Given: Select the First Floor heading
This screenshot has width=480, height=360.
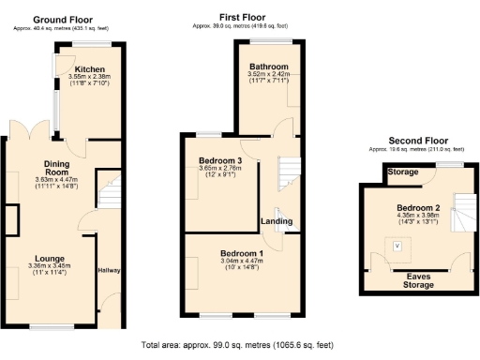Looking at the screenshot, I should coord(243,17).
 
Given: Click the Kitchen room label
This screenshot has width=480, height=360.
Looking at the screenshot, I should coord(90,69).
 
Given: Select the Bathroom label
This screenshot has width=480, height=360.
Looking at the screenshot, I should coord(268,67).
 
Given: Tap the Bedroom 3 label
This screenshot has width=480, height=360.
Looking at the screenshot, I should coord(221,160).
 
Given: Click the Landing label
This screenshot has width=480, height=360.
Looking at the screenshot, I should coord(277,221).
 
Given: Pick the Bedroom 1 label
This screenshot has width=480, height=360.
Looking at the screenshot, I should coord(242,254).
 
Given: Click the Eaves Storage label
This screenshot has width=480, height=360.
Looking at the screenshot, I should coord(412,278).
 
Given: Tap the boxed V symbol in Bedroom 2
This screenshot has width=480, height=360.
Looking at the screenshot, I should coord(397,246).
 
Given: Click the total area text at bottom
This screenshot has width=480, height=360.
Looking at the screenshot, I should coord(239,345).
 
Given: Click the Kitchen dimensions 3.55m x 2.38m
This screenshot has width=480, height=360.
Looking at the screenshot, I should coord(90,78).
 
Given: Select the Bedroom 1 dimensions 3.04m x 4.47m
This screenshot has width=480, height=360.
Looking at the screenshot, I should coord(242,262).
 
